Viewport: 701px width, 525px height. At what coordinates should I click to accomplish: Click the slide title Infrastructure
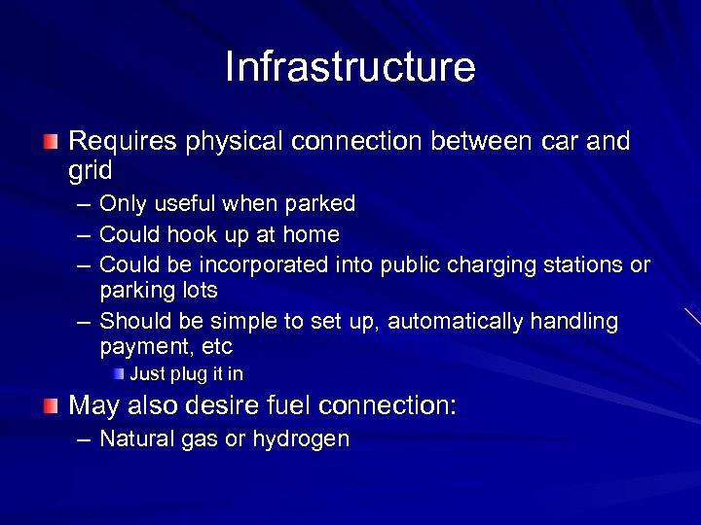point(350,67)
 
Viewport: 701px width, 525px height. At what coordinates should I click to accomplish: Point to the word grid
point(90,171)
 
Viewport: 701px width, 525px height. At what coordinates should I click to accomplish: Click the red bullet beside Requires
point(51,142)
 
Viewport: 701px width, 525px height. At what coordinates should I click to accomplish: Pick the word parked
point(319,204)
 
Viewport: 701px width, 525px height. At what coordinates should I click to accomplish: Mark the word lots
point(198,290)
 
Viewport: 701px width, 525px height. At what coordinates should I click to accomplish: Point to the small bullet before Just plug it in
point(118,373)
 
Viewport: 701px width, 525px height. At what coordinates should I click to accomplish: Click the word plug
point(188,374)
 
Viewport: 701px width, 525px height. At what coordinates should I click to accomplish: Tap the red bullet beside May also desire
point(51,404)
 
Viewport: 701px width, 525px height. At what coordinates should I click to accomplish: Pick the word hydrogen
point(300,439)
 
